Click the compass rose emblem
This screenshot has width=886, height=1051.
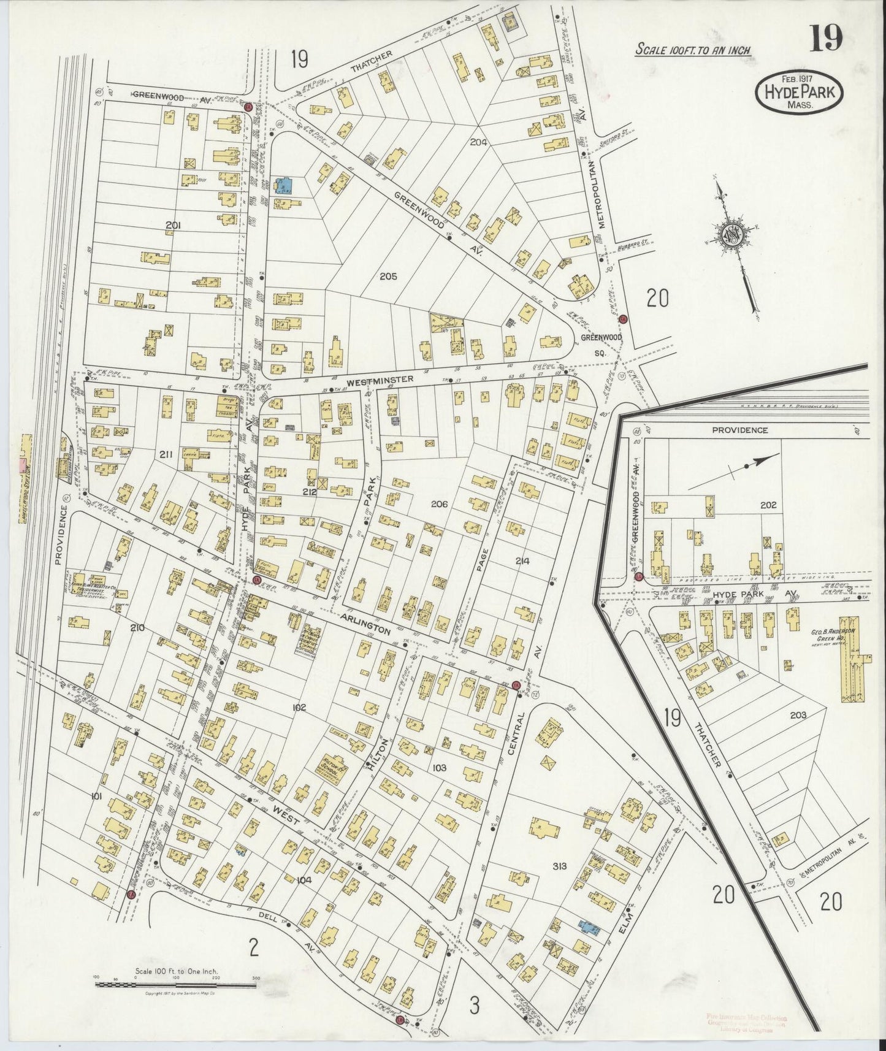[x=733, y=234]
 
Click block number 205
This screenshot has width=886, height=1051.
[x=388, y=276]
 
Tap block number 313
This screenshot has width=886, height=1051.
[x=559, y=866]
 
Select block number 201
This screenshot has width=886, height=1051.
[x=174, y=226]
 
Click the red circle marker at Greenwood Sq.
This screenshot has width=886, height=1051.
[x=622, y=319]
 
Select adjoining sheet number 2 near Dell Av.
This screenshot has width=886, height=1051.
[x=253, y=965]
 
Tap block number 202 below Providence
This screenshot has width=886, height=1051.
[x=768, y=505]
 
